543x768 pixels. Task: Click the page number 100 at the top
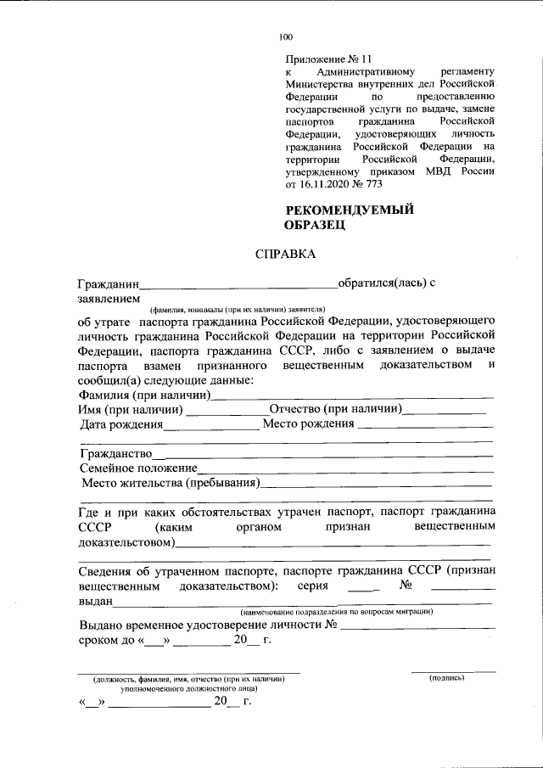286,36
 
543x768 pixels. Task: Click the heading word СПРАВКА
285,255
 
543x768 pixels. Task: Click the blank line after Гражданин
238,284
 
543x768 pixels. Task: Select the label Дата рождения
121,423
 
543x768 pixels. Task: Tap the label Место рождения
308,423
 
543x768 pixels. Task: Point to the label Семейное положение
138,468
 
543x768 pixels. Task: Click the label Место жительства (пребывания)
171,484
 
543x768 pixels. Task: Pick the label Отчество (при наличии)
335,409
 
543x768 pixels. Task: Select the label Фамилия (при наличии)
144,395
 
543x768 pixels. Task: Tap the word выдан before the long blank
94,602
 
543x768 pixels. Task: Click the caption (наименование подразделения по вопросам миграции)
337,612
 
